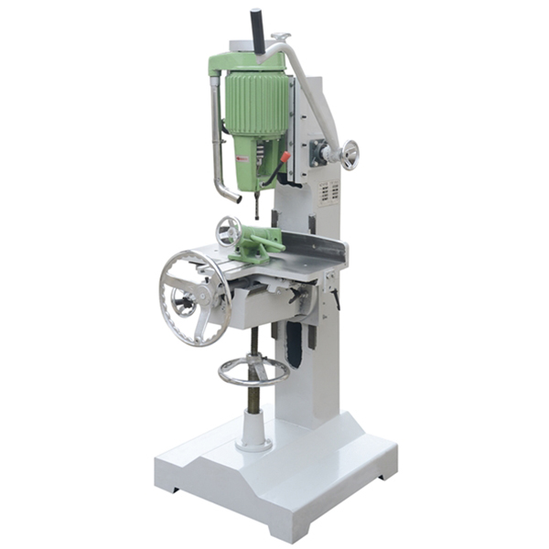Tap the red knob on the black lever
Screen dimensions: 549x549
pyautogui.click(x=285, y=157)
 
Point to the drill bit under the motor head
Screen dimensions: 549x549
pyautogui.click(x=257, y=206)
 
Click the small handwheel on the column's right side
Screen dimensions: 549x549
pyautogui.click(x=349, y=155)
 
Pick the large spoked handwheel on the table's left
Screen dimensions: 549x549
pyautogui.click(x=195, y=297)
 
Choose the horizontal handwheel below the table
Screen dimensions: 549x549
pyautogui.click(x=253, y=370)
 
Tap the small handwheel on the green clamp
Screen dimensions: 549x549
pyautogui.click(x=228, y=231)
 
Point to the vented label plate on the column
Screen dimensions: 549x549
pyautogui.click(x=328, y=193)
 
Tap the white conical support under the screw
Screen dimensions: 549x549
pyautogui.click(x=253, y=428)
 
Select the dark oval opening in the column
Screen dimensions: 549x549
pyautogui.click(x=294, y=344)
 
